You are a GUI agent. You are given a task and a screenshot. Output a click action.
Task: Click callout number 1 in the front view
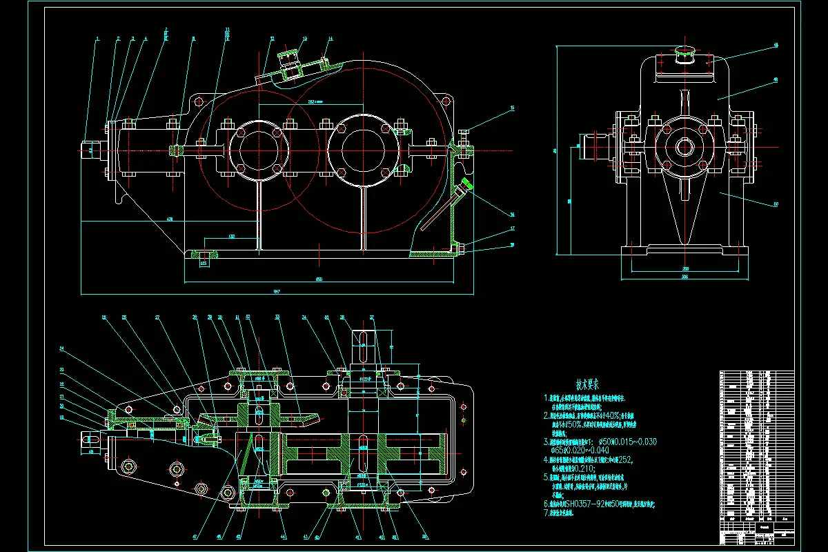tap(98, 38)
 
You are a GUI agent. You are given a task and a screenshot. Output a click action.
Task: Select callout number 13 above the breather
tap(304, 39)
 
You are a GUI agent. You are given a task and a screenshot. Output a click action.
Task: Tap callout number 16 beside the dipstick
tap(512, 214)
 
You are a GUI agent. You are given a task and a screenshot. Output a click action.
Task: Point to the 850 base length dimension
tap(319, 279)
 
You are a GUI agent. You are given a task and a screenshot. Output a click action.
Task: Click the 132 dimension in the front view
tap(232, 237)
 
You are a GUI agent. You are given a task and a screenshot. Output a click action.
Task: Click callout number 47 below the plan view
tap(195, 536)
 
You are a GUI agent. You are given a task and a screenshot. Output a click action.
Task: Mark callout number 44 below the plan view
tap(283, 537)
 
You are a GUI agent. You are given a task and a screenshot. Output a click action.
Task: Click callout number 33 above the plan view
tap(277, 318)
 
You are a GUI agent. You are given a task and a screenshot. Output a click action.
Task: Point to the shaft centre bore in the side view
tap(684, 146)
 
